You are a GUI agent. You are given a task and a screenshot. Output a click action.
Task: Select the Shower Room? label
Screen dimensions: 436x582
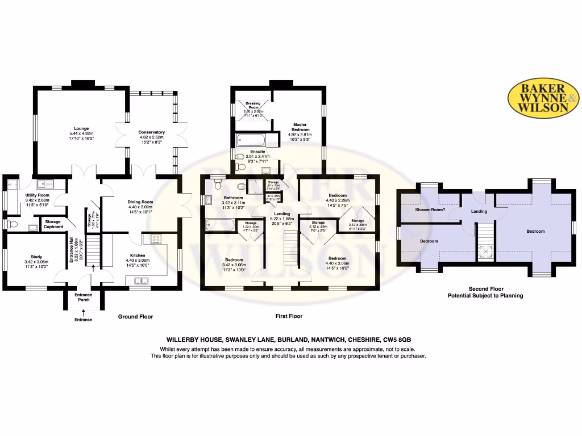(x=429, y=209)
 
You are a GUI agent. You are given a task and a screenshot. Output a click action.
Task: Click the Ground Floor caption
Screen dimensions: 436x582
(x=135, y=316)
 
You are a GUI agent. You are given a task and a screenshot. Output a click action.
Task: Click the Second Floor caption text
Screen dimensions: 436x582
(x=485, y=289)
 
